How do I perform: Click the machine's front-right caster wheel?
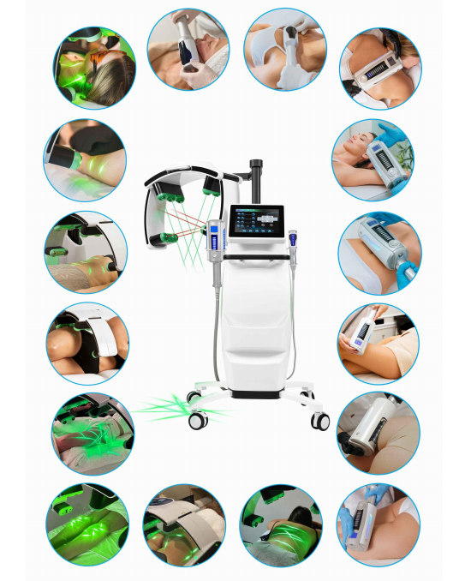point(320,421)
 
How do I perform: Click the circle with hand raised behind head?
point(283,51)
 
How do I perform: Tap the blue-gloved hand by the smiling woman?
point(391,139)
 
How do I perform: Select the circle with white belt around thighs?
point(87,342)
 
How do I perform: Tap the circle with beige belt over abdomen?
point(184,524)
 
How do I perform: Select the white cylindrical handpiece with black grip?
point(377,433)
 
